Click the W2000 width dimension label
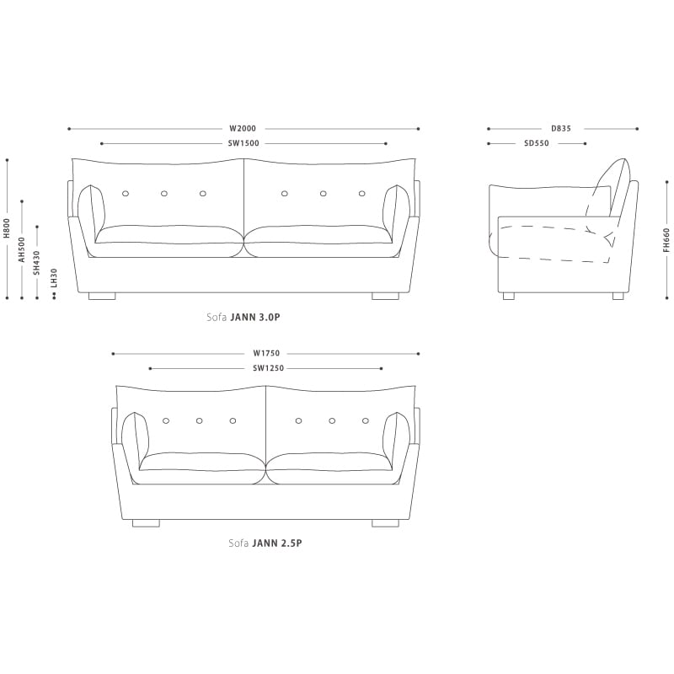click(x=243, y=129)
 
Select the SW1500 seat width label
click(x=243, y=144)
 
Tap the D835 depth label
click(x=561, y=129)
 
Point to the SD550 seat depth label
click(x=537, y=144)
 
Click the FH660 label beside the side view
click(x=666, y=240)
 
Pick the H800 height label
click(x=7, y=229)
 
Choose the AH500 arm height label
click(x=22, y=250)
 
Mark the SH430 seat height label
click(x=36, y=262)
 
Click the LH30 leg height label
click(x=53, y=278)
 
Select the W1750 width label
click(x=266, y=354)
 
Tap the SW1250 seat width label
click(x=266, y=369)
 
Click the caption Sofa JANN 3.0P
click(x=243, y=318)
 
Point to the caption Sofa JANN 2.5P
click(x=265, y=543)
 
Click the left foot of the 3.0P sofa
click(x=102, y=296)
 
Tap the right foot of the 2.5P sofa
click(x=385, y=522)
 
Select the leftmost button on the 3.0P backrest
click(x=126, y=194)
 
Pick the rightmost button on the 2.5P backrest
click(x=366, y=420)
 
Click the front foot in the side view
click(x=508, y=296)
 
